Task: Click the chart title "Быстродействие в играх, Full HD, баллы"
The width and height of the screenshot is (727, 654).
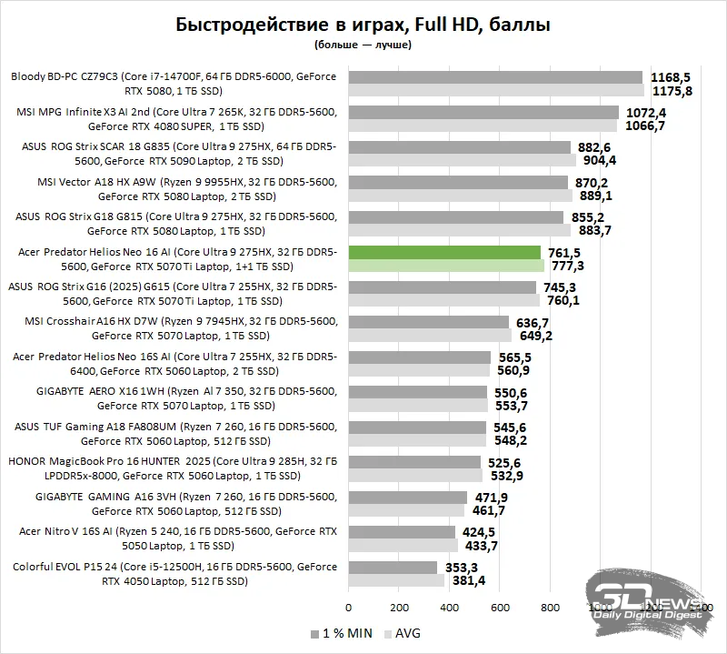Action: tap(363, 25)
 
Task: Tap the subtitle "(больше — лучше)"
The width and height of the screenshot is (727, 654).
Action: tap(363, 44)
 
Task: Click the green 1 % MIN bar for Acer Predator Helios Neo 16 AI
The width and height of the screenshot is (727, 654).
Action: tap(444, 252)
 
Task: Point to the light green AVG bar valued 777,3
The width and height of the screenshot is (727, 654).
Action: tap(446, 266)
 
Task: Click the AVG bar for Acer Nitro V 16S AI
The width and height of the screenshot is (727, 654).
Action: tap(403, 546)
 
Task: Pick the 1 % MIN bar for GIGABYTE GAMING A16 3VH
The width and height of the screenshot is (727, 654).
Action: tap(407, 498)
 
